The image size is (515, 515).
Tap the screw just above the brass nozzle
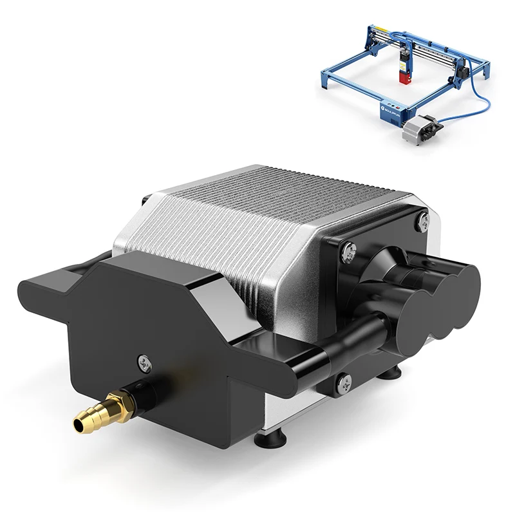142,362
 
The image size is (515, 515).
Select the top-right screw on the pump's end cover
422,220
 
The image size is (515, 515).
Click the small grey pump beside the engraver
418,129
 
